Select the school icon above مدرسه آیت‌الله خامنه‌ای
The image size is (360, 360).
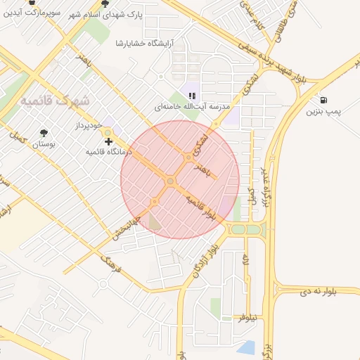pyautogui.click(x=191, y=96)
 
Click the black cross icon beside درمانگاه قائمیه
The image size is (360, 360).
pyautogui.click(x=108, y=142)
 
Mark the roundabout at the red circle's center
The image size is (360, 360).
pyautogui.click(x=170, y=181)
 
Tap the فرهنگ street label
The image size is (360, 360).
pyautogui.click(x=111, y=265)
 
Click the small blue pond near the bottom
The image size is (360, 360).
pyautogui.click(x=245, y=347)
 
